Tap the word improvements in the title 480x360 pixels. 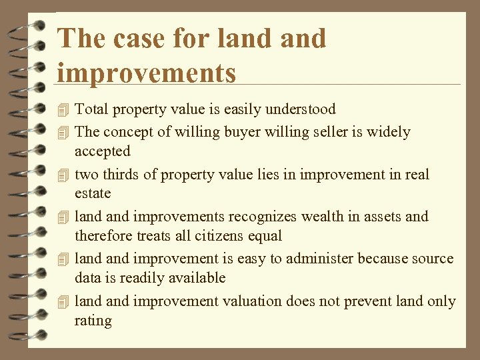[x=147, y=72]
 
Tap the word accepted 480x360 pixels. [x=102, y=151]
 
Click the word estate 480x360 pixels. [x=93, y=194]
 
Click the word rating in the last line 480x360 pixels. [x=93, y=321]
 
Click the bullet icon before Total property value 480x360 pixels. [x=63, y=109]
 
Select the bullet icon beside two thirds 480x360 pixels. [x=63, y=175]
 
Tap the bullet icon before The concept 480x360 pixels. [x=63, y=133]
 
